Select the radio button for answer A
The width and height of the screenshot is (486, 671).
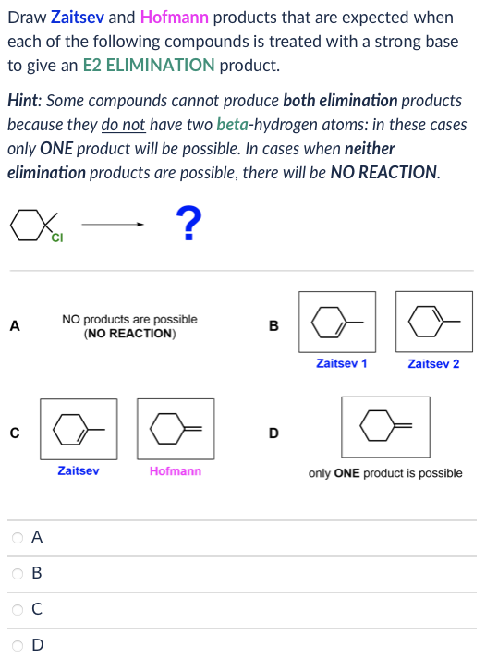pyautogui.click(x=18, y=536)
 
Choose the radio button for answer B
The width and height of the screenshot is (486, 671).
pyautogui.click(x=18, y=573)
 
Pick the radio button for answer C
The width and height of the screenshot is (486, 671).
pyautogui.click(x=18, y=609)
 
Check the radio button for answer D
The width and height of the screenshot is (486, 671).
pyautogui.click(x=18, y=645)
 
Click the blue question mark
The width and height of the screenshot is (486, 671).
pyautogui.click(x=188, y=223)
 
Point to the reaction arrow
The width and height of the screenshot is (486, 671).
pyautogui.click(x=113, y=224)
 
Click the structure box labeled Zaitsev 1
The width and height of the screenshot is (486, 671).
pyautogui.click(x=337, y=321)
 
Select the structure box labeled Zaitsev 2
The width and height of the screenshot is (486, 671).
pyautogui.click(x=433, y=321)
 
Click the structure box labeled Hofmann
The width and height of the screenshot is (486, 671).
pyautogui.click(x=176, y=429)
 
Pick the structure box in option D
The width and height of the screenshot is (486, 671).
pyautogui.click(x=385, y=427)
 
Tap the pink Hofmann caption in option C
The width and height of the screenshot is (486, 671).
pyautogui.click(x=176, y=471)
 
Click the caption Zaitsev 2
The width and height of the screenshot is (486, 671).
pyautogui.click(x=433, y=364)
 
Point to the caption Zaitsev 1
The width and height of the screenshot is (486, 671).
pyautogui.click(x=341, y=364)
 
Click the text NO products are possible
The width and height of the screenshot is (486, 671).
pyautogui.click(x=129, y=320)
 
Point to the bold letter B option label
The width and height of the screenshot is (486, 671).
pyautogui.click(x=273, y=325)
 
